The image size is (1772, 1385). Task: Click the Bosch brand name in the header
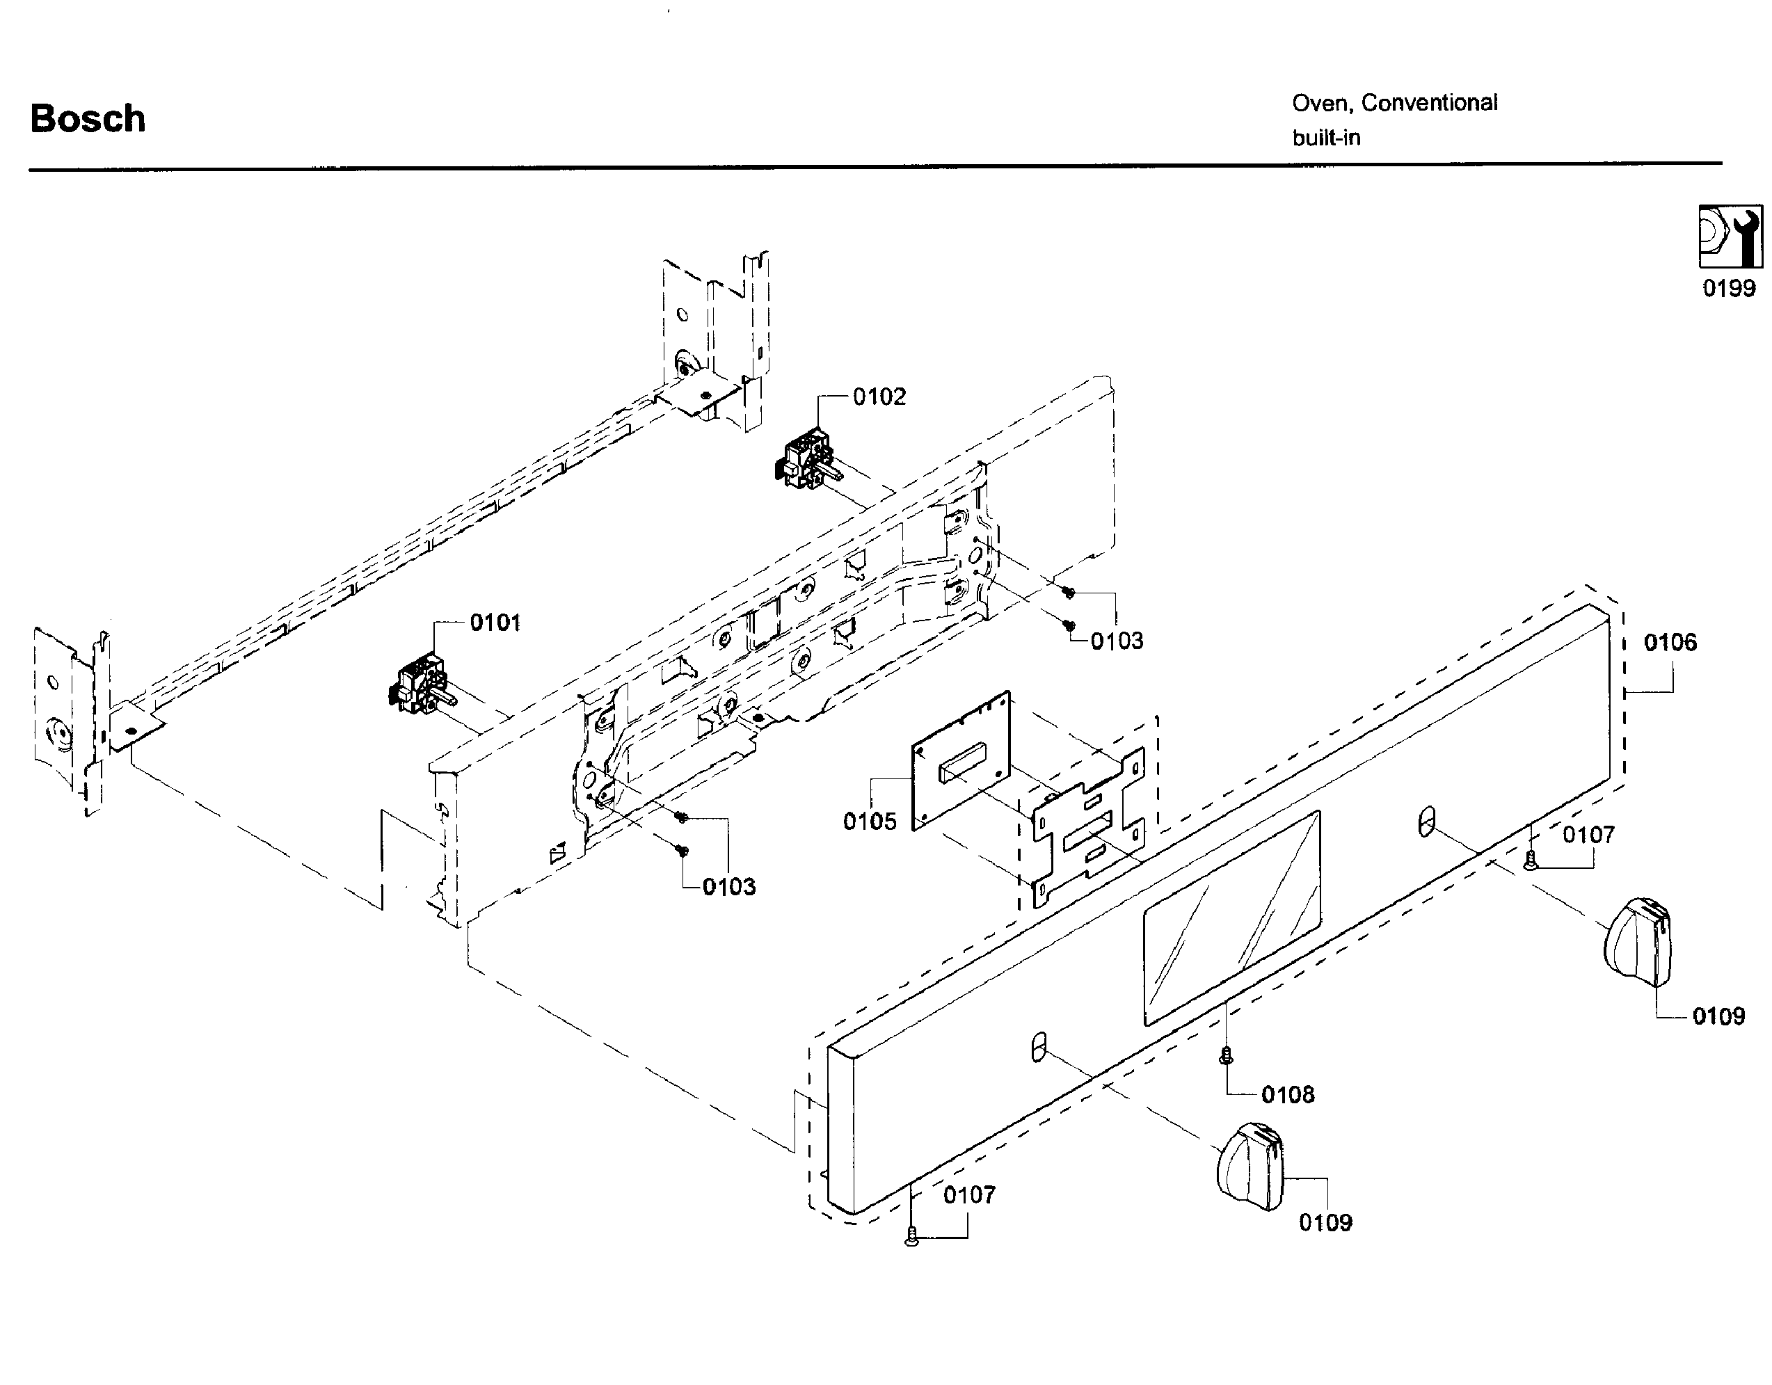[88, 118]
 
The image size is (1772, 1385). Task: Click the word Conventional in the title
[1429, 103]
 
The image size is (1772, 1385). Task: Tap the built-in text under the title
[1326, 138]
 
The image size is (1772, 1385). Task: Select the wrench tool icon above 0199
[1730, 236]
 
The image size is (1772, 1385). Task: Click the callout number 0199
[1728, 288]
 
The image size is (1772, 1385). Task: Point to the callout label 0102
[879, 397]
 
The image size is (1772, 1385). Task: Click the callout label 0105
[869, 821]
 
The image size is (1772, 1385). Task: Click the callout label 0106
[1670, 643]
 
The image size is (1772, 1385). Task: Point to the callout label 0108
[1288, 1094]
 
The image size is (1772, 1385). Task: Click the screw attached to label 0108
[1226, 1055]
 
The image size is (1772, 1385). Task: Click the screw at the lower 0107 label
[912, 1235]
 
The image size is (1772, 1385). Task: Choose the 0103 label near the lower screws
[728, 887]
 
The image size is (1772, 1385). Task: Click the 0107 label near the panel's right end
[1588, 834]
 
